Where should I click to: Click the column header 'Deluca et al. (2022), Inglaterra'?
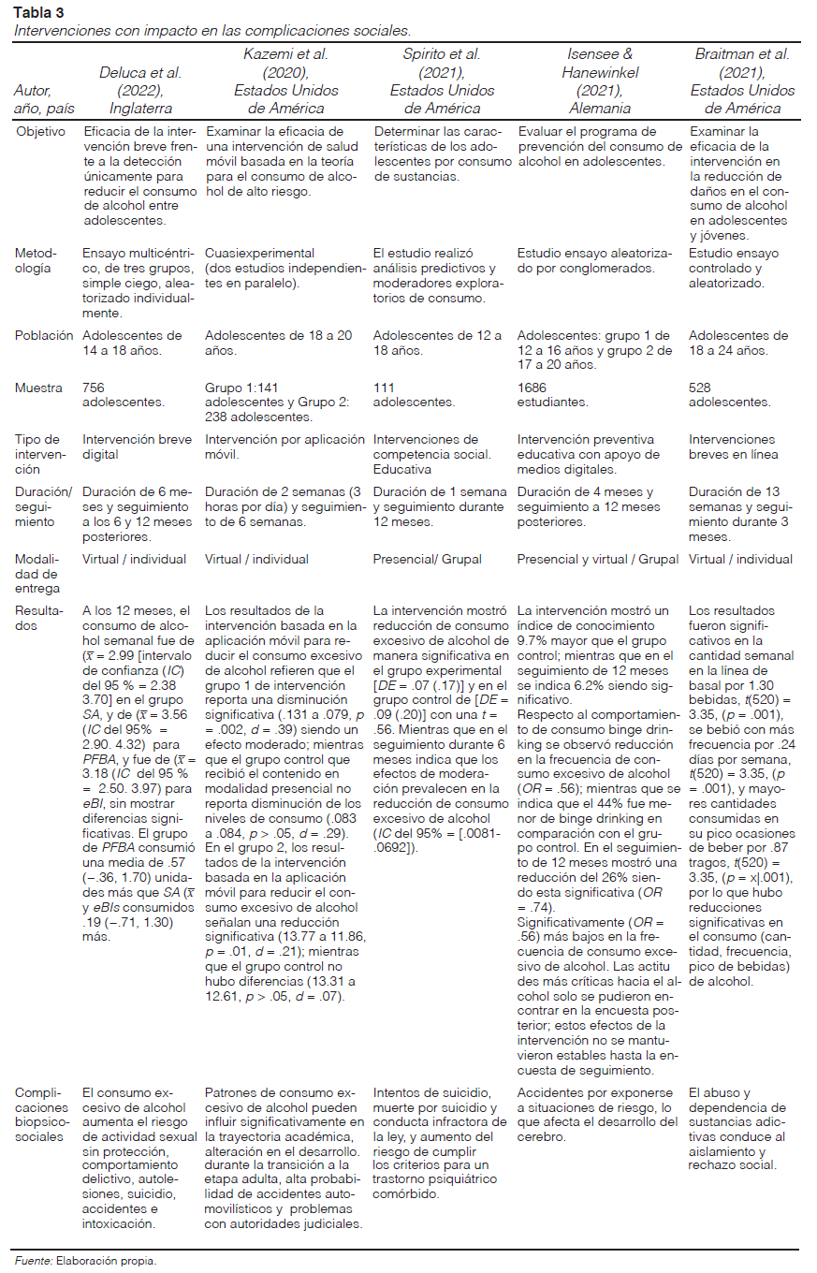pos(140,91)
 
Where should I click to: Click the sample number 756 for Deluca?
pos(94,387)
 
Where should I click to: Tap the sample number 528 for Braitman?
pos(701,387)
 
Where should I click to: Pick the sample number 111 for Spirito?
pos(383,387)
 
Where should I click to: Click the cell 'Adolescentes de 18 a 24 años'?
pos(738,343)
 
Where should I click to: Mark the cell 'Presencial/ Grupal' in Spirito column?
pos(427,559)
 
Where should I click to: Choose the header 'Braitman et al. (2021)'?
pos(742,74)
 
